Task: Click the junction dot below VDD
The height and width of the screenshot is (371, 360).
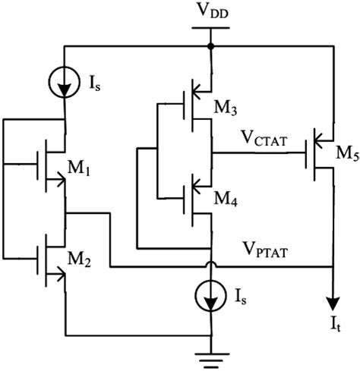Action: [x=210, y=46]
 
